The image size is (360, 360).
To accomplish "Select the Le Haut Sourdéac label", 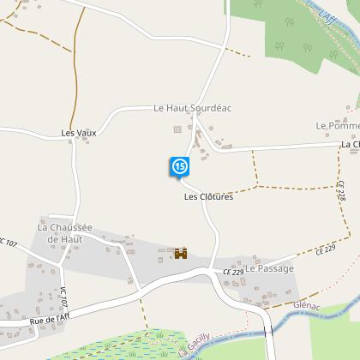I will (193, 108).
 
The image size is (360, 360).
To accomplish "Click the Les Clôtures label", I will (208, 196).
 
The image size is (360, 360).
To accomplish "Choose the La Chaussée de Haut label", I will (64, 232).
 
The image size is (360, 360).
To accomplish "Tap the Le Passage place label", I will (269, 268).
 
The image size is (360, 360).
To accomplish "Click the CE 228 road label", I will (341, 191).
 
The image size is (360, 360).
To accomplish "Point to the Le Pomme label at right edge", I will (337, 126).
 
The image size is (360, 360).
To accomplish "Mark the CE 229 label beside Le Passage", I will (232, 272).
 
